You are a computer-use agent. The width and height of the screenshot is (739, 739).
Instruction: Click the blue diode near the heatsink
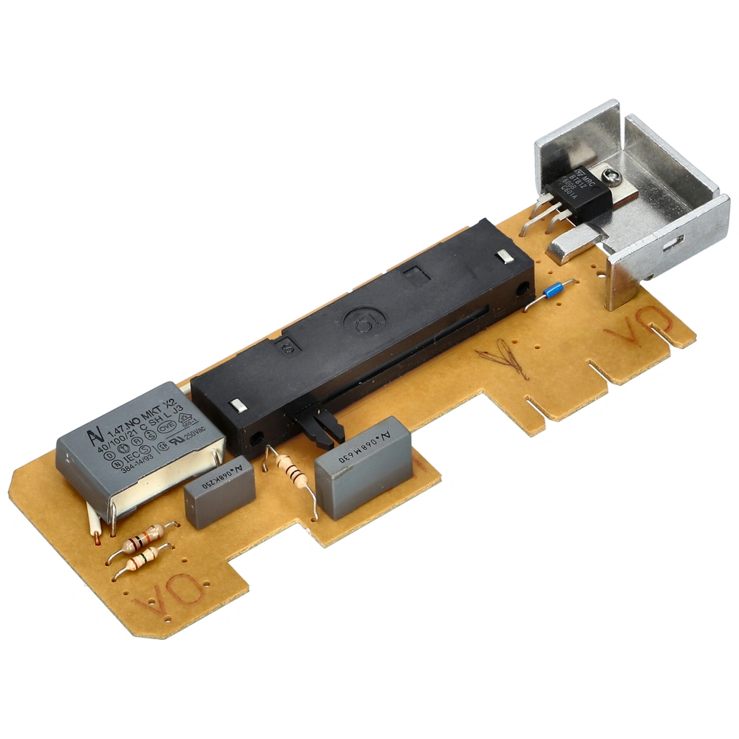[x=554, y=291]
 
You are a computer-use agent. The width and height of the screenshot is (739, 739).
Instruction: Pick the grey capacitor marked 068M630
[x=363, y=456]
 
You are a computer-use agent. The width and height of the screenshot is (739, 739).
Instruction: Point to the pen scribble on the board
[x=505, y=357]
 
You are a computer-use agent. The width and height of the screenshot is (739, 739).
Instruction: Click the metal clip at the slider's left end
[x=238, y=405]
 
